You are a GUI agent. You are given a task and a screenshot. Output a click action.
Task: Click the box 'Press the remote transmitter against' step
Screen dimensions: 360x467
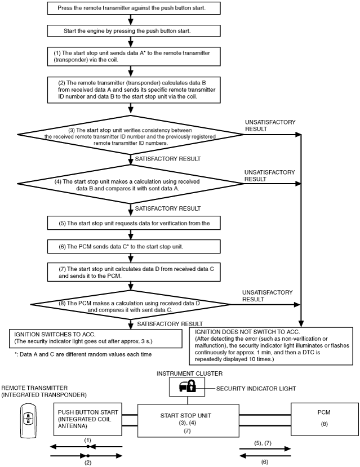(x=134, y=8)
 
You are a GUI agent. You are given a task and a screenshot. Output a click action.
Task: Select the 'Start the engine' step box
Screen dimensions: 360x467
(x=134, y=30)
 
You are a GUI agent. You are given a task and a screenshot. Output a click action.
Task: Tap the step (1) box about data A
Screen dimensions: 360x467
(x=134, y=56)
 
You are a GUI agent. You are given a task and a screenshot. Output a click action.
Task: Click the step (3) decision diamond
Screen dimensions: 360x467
(x=130, y=135)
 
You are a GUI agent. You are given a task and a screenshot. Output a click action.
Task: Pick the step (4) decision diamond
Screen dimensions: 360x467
(x=130, y=184)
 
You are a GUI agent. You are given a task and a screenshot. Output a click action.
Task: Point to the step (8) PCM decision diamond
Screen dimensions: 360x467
(x=130, y=305)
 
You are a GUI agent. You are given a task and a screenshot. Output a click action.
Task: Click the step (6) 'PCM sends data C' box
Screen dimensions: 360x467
(x=134, y=247)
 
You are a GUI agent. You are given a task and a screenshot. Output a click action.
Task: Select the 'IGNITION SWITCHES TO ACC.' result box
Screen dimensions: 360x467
(x=96, y=339)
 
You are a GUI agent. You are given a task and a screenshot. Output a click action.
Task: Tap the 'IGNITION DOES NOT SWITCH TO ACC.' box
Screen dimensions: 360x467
(x=271, y=346)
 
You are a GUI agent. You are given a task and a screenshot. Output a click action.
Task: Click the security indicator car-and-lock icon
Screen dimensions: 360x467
(x=187, y=386)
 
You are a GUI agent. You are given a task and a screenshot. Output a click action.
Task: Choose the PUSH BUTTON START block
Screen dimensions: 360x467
(x=88, y=419)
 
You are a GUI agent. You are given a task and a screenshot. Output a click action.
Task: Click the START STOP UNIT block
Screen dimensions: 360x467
(x=188, y=421)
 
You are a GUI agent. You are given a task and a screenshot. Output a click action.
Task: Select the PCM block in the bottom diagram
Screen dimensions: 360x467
(x=325, y=419)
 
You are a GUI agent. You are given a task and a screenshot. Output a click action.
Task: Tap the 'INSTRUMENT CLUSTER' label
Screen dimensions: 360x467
(x=189, y=373)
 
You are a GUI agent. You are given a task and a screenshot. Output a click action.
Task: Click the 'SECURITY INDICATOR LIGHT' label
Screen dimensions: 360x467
(x=256, y=389)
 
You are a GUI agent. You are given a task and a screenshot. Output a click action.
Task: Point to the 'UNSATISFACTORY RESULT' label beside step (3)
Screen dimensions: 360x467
(x=270, y=126)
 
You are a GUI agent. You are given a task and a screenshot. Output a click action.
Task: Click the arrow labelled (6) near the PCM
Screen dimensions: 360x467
(x=265, y=456)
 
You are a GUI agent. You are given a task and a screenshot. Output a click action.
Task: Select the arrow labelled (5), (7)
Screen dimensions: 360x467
(x=265, y=449)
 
